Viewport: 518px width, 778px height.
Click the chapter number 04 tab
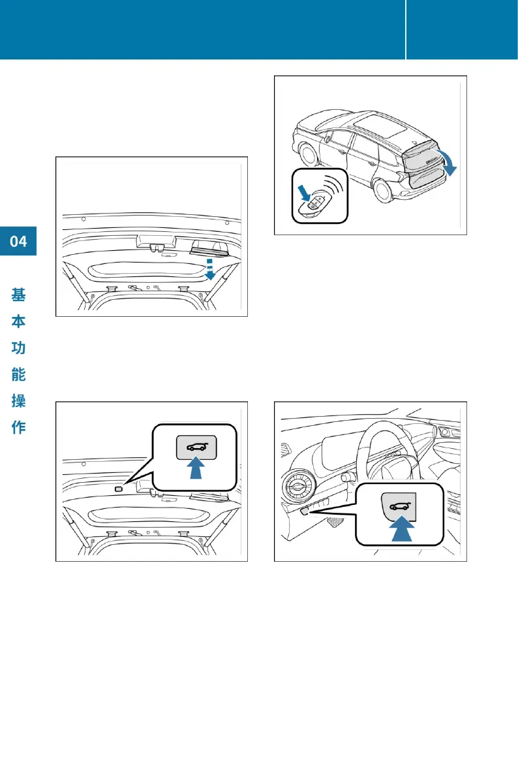click(x=18, y=241)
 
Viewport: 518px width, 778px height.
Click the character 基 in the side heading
click(x=18, y=295)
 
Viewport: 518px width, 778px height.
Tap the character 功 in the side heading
click(x=18, y=348)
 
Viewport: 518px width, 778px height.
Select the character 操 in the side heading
click(x=18, y=401)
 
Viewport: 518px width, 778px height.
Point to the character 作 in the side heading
click(x=18, y=427)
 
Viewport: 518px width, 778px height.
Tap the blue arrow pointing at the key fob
click(x=303, y=193)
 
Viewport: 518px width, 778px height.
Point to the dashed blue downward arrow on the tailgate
click(x=210, y=268)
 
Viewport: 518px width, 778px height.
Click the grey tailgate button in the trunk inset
click(x=197, y=446)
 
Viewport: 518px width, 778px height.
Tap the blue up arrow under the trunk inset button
click(x=196, y=468)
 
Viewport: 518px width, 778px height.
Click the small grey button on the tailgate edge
click(x=119, y=489)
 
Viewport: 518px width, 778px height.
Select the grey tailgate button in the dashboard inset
click(x=399, y=507)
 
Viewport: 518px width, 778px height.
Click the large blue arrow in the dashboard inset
click(x=402, y=528)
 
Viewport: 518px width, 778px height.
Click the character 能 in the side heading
click(x=18, y=374)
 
